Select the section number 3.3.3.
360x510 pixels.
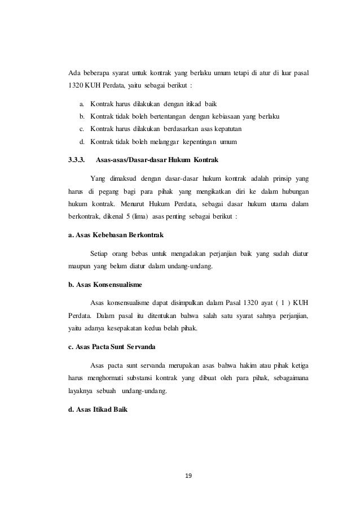click(76, 160)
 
